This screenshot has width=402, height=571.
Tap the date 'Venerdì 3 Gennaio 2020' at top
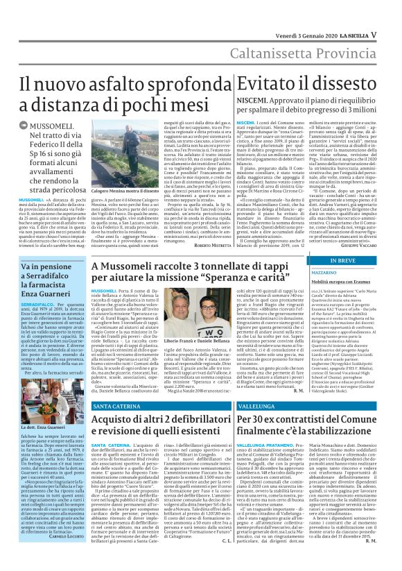(307, 15)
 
